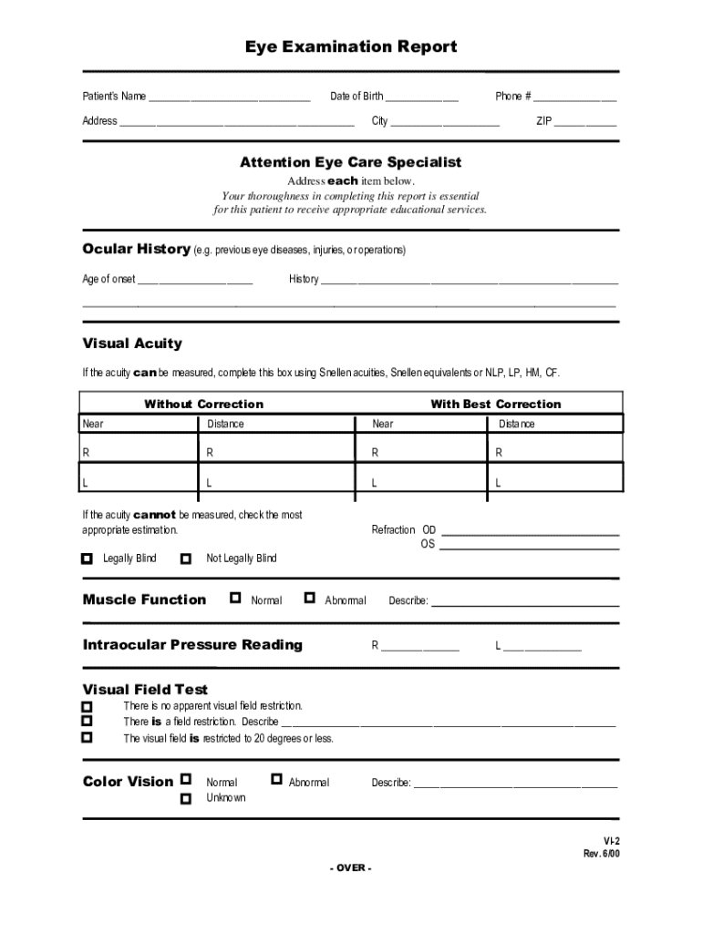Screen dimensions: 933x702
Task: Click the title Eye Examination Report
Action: [x=351, y=46]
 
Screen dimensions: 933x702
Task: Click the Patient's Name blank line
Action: [x=229, y=97]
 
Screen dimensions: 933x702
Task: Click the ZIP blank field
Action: [x=585, y=122]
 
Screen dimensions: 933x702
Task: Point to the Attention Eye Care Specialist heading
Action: [x=351, y=162]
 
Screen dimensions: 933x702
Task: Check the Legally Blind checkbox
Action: [x=88, y=559]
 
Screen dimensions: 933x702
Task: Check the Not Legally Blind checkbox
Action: [x=187, y=559]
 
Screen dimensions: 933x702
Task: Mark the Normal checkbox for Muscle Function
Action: [x=236, y=599]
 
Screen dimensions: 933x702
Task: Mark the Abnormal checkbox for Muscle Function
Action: [x=310, y=599]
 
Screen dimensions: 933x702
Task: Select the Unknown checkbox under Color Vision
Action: [x=186, y=798]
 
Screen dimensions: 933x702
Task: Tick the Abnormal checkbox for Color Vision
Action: [x=277, y=780]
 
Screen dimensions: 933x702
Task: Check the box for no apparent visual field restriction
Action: [x=88, y=707]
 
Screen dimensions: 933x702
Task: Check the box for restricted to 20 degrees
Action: [x=88, y=738]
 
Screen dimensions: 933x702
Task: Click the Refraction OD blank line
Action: [x=530, y=531]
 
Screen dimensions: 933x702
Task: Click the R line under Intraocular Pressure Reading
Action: [x=420, y=647]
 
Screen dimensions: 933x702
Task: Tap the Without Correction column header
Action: [x=203, y=405]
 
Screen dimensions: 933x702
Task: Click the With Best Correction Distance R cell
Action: [x=557, y=452]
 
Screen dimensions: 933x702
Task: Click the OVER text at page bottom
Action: [x=351, y=867]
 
